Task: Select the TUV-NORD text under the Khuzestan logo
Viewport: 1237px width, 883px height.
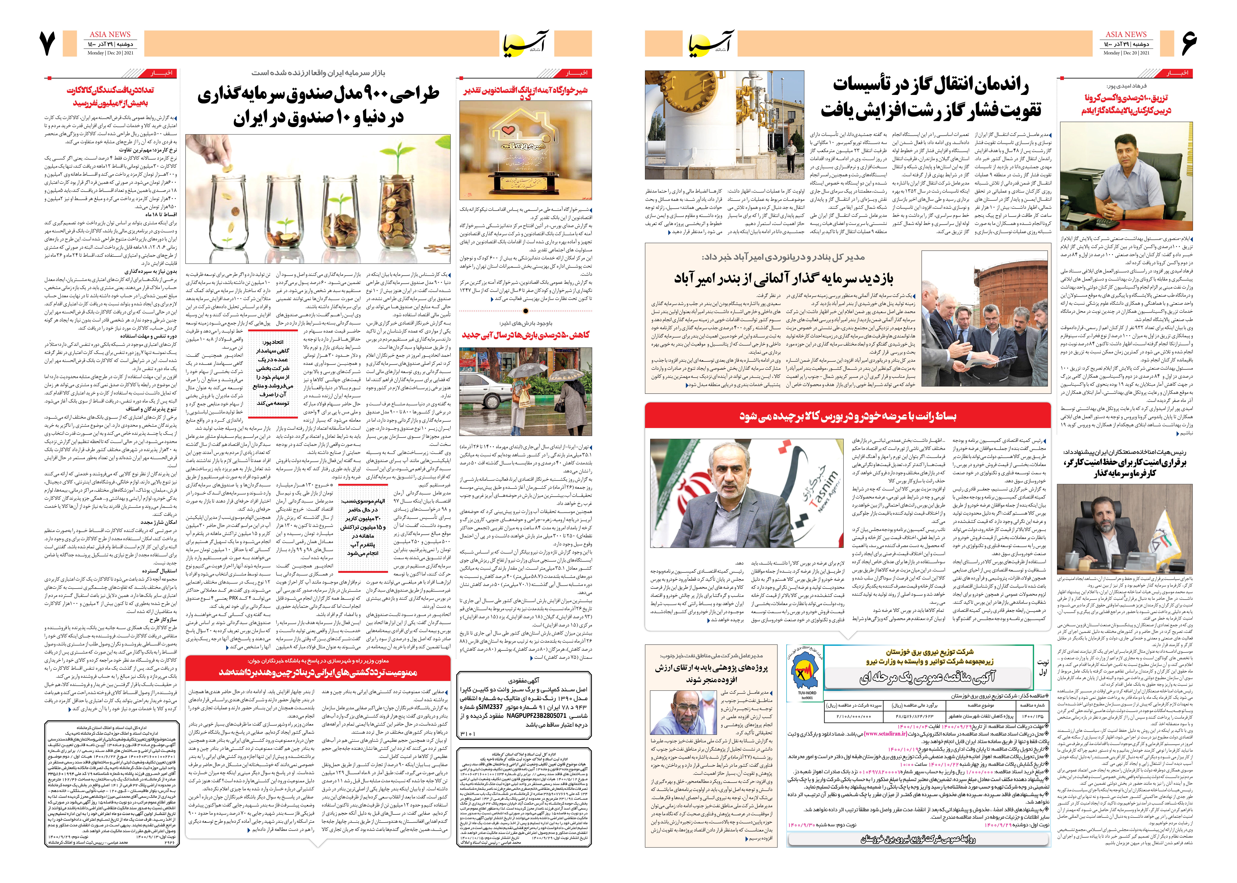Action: click(807, 693)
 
